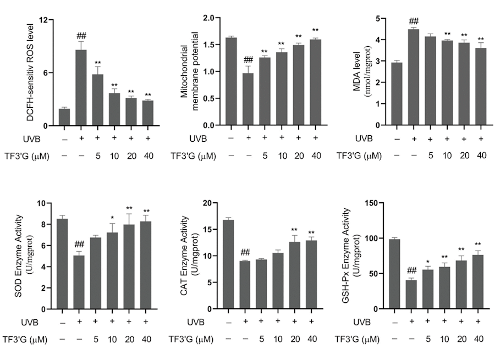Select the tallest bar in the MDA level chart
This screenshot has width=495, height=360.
tap(413, 77)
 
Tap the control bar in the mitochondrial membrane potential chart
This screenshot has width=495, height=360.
tap(231, 81)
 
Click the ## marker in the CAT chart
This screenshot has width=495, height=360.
tap(245, 253)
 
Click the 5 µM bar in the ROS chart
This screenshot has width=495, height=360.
tap(97, 100)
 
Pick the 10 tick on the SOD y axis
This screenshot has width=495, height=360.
tap(50, 203)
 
